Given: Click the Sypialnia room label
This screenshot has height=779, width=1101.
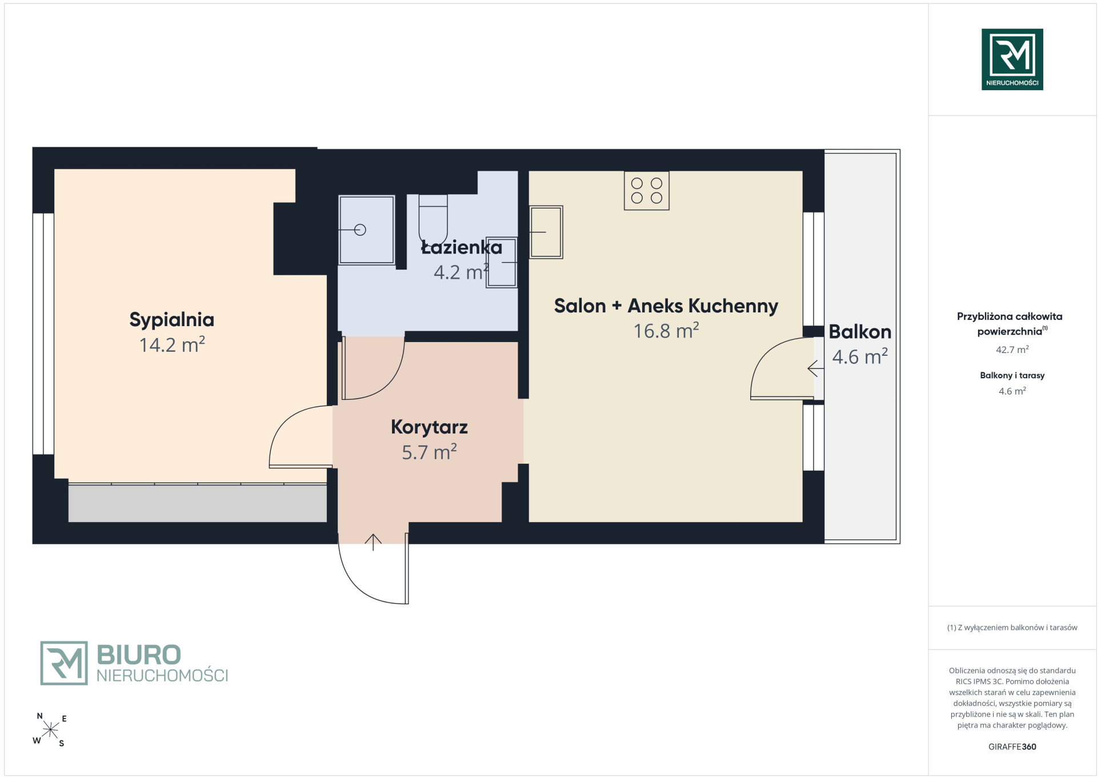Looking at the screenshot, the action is (x=171, y=320).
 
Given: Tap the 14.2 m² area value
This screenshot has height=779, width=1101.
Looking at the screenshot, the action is (x=172, y=344).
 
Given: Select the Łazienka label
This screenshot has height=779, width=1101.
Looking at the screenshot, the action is (x=461, y=247).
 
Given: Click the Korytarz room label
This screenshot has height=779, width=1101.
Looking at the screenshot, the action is (x=429, y=428).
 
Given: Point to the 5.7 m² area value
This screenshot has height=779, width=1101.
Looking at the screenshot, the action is (x=429, y=452).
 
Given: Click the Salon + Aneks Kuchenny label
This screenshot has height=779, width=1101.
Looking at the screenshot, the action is (x=666, y=306).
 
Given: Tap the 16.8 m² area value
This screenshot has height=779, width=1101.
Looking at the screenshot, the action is (x=666, y=330).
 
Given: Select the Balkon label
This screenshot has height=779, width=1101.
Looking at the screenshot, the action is (x=860, y=332).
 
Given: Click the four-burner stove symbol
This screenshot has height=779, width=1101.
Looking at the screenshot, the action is (x=646, y=191).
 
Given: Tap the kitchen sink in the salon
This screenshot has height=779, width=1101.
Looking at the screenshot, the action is (x=546, y=232).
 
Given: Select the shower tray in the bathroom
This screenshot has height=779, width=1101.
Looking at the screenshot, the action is (x=366, y=230).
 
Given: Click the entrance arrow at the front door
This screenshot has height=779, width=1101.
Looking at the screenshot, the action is (x=373, y=542).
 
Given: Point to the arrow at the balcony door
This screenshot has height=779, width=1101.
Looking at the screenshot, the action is (x=815, y=369).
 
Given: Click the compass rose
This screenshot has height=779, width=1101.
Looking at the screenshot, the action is (x=50, y=729).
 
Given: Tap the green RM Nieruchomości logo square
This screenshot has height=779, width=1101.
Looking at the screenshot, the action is (x=1012, y=59).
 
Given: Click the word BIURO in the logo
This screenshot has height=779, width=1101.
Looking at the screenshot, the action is (x=139, y=654).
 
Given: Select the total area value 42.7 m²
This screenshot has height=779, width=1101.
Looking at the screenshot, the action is (x=1012, y=350).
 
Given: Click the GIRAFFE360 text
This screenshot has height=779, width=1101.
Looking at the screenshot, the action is (x=1012, y=746).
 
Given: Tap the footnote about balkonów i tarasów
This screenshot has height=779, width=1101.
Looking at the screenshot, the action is (x=1012, y=628).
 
